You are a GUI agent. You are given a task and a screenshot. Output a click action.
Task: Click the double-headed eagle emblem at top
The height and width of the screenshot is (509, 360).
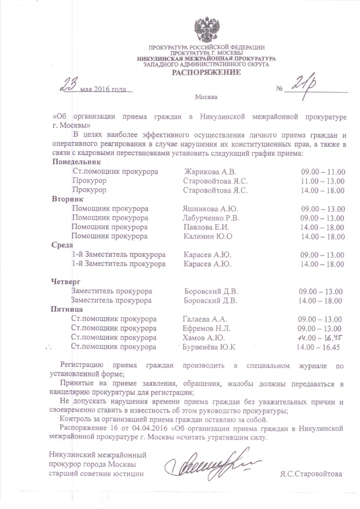click(206, 30)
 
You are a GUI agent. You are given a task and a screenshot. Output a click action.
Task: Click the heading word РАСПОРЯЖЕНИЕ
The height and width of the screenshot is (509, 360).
click(206, 72)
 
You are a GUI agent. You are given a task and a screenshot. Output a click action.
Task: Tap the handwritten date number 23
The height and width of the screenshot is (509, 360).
click(68, 86)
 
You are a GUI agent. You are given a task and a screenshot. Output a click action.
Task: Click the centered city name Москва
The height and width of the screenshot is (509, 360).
click(206, 97)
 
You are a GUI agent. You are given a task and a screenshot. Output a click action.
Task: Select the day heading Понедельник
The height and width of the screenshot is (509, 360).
click(76, 162)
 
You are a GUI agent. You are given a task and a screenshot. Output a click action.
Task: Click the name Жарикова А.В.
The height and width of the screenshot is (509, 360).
click(210, 171)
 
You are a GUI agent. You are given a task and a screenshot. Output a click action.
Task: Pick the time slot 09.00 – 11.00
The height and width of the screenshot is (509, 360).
click(323, 171)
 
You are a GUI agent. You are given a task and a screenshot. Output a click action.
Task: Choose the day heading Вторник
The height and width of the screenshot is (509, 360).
click(67, 199)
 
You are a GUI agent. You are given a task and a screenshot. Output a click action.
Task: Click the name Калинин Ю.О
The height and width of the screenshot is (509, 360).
click(208, 236)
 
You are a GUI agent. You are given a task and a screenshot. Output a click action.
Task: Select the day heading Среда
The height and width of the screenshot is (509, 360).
click(62, 245)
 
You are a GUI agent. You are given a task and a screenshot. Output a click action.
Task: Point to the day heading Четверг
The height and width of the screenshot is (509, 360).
click(66, 282)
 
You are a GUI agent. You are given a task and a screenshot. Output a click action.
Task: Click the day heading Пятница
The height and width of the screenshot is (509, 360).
click(67, 310)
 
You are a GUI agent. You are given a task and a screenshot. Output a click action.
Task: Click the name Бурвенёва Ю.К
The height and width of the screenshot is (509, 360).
click(209, 348)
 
